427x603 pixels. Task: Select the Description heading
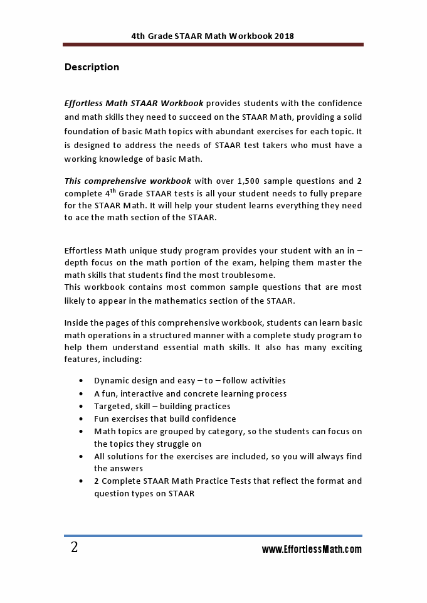(92, 67)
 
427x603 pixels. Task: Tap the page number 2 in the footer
(75, 548)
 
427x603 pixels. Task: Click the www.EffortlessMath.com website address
(312, 550)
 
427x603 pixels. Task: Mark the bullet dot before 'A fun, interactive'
(82, 394)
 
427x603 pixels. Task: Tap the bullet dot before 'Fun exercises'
(82, 419)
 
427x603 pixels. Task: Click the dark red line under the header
(213, 45)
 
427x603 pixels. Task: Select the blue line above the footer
(213, 536)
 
